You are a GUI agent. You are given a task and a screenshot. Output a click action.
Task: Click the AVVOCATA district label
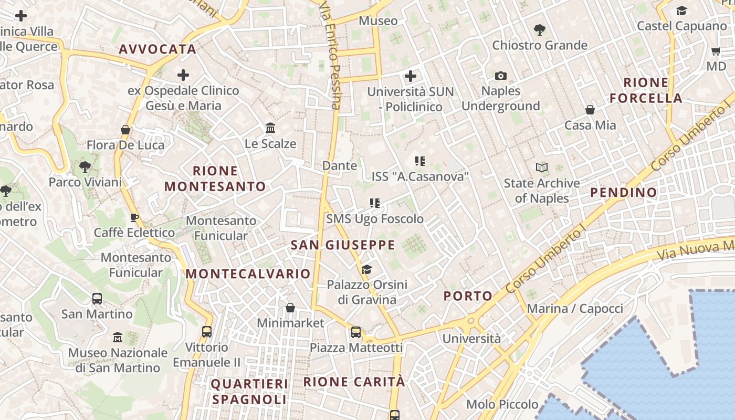(157, 49)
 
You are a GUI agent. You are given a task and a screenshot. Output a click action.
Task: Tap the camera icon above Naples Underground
(501, 76)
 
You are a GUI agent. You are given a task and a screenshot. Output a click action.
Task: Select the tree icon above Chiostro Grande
(539, 29)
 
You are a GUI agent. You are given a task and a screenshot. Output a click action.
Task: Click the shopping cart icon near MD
(716, 51)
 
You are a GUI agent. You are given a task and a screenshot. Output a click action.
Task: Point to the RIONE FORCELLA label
(646, 90)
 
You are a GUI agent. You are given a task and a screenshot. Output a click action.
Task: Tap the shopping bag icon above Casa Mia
(590, 110)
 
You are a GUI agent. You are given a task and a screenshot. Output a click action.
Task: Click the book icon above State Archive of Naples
(542, 167)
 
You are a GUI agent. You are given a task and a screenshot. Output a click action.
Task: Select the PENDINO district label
(624, 193)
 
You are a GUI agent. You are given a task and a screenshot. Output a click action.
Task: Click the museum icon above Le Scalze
(270, 128)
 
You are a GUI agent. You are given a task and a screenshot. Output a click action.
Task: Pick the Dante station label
(340, 166)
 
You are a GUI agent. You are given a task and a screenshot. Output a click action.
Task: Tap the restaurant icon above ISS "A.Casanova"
(419, 161)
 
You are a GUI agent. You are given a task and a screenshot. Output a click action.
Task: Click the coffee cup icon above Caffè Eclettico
(134, 217)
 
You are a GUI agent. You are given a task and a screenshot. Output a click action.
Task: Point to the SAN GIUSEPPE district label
(343, 245)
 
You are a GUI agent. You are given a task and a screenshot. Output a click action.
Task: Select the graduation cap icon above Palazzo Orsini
(366, 269)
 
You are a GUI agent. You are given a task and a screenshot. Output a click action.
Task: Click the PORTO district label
(468, 296)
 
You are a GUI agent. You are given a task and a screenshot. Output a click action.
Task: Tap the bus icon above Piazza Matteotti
(356, 332)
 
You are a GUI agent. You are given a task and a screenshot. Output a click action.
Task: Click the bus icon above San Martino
(97, 299)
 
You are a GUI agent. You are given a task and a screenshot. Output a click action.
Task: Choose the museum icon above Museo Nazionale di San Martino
(118, 337)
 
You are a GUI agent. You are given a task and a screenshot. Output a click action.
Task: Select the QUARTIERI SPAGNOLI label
(249, 392)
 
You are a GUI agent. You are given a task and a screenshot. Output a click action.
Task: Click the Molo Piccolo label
(502, 404)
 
